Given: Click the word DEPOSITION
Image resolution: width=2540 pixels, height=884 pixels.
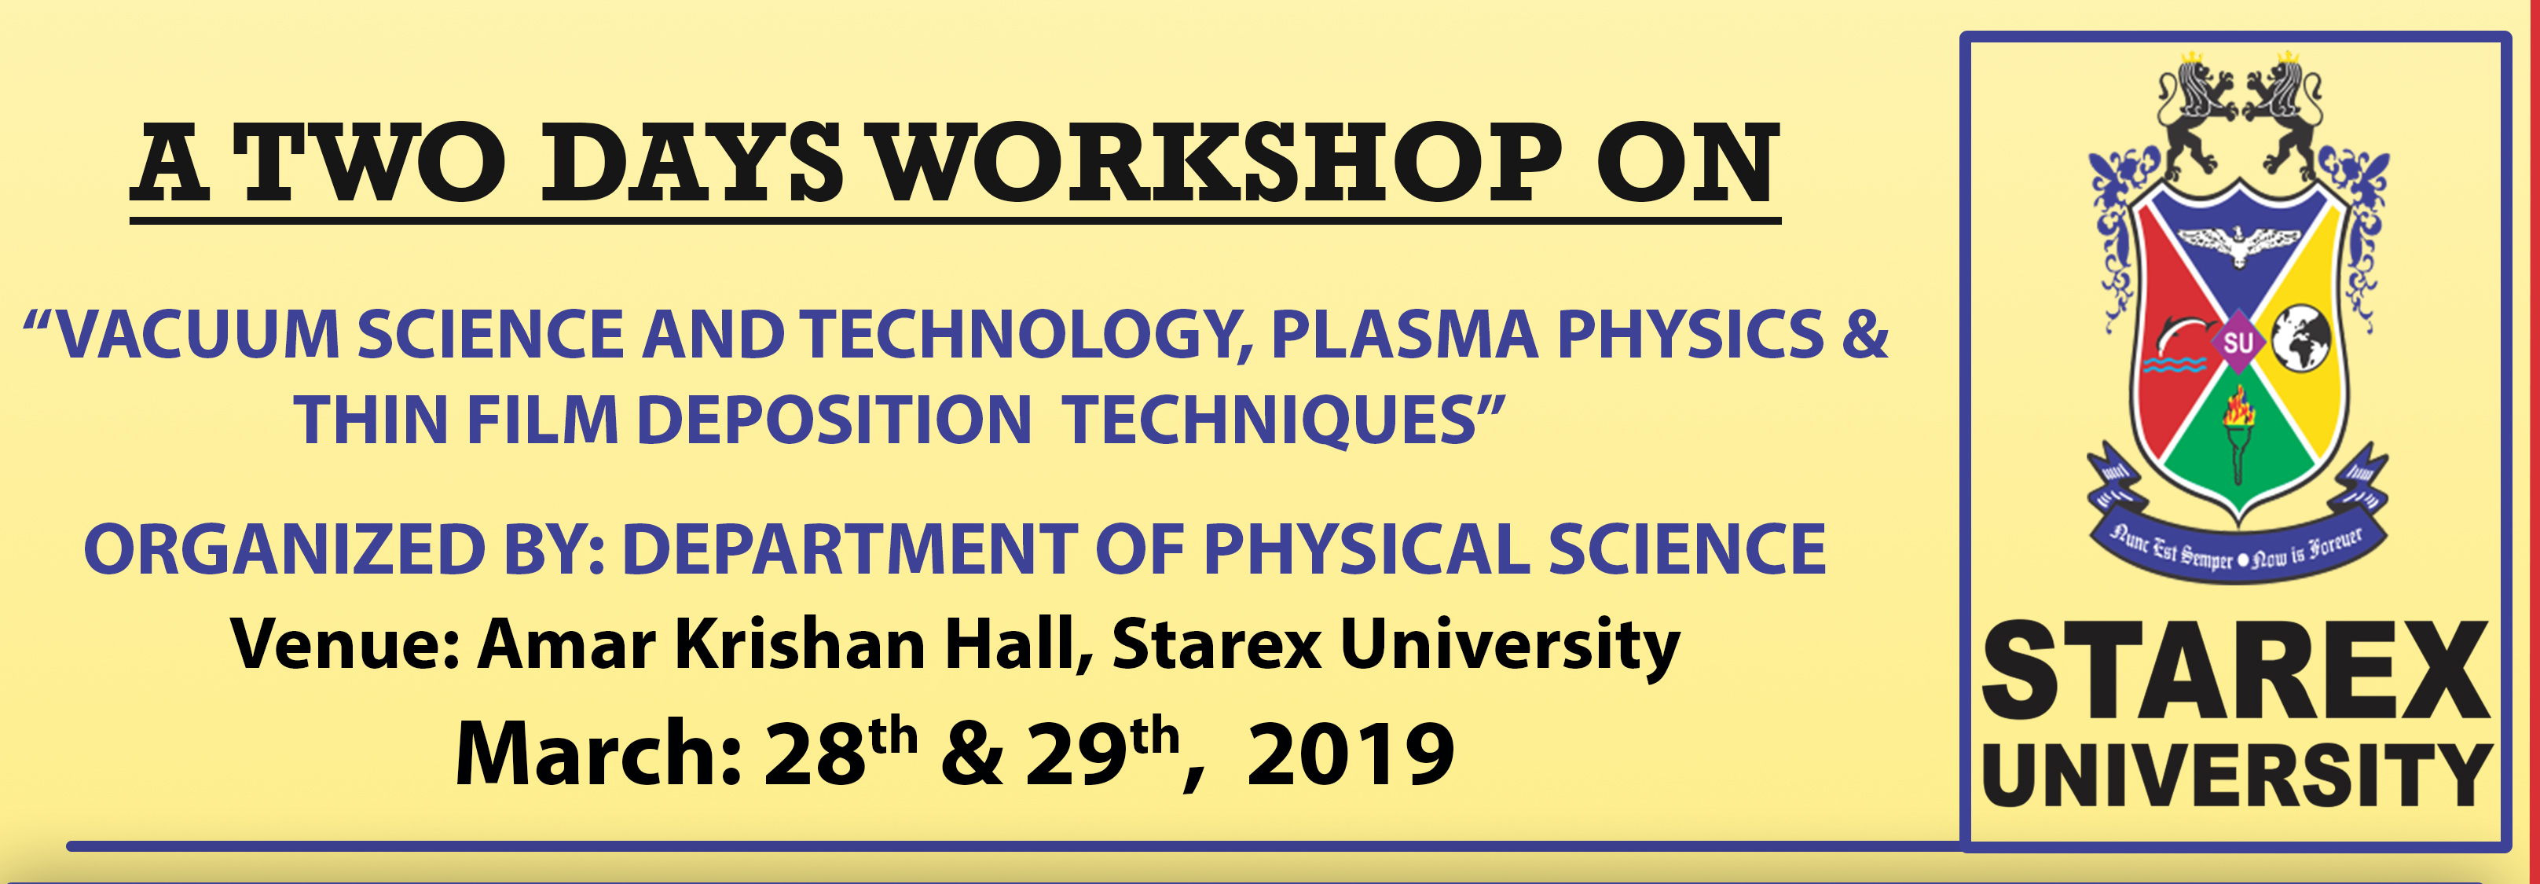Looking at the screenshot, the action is tap(834, 420).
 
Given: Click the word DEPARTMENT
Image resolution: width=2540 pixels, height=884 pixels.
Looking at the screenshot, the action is tap(849, 548).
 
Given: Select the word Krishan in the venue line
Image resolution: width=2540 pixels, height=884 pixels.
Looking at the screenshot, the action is tap(800, 644).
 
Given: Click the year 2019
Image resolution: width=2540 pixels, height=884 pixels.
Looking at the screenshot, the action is tap(1350, 755).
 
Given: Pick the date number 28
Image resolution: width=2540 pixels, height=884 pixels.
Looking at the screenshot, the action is tap(815, 755).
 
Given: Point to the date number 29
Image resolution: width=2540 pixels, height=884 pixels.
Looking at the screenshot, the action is tap(1077, 755).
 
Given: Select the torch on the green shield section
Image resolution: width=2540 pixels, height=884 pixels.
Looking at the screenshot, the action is tap(2238, 434).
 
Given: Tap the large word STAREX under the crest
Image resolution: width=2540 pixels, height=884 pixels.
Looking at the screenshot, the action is tap(2236, 671).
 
